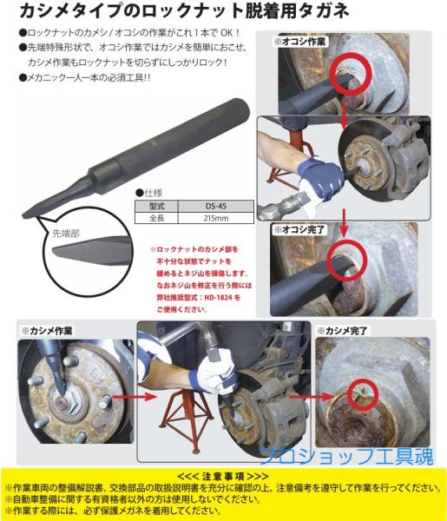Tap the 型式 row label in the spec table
tap(156, 206)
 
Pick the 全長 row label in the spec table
tap(156, 220)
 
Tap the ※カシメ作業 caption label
tap(48, 331)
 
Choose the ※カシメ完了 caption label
tap(345, 331)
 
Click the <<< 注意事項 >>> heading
tap(223, 475)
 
